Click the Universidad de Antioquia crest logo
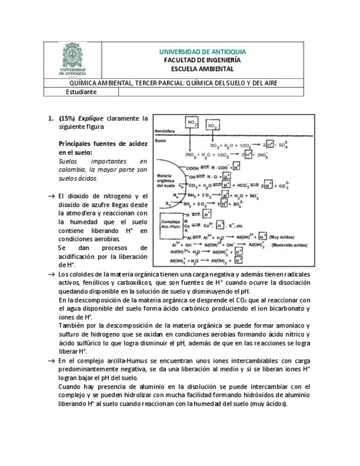pyautogui.click(x=73, y=59)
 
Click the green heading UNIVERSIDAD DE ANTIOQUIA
pyautogui.click(x=202, y=52)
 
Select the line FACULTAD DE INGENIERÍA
pyautogui.click(x=202, y=60)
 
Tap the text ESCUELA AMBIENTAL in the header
pyautogui.click(x=202, y=69)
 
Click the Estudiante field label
pyautogui.click(x=81, y=92)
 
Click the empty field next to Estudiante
pyautogui.click(x=211, y=92)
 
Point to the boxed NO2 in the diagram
pyautogui.click(x=192, y=123)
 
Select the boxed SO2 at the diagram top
pyautogui.click(x=212, y=126)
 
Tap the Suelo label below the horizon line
pyautogui.click(x=161, y=141)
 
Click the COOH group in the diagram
pyautogui.click(x=192, y=168)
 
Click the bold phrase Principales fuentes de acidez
pyautogui.click(x=103, y=143)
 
